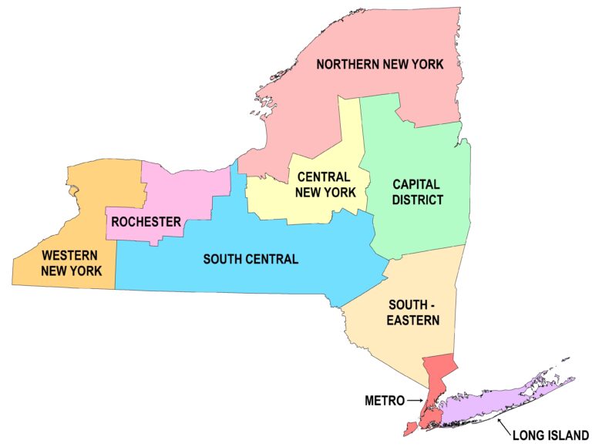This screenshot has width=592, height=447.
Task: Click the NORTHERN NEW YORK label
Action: (380, 64)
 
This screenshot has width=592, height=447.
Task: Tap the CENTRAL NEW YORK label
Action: (325, 184)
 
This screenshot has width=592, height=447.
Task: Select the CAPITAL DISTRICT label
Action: (417, 192)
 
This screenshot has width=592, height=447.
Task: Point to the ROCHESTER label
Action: (146, 222)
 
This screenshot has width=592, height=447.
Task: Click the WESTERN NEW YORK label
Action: (69, 262)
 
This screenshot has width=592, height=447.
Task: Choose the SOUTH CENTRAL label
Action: (251, 259)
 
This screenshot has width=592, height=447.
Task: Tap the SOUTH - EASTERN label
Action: (414, 311)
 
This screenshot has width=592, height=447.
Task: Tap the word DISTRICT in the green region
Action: (417, 200)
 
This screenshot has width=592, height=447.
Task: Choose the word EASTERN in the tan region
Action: (414, 320)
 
